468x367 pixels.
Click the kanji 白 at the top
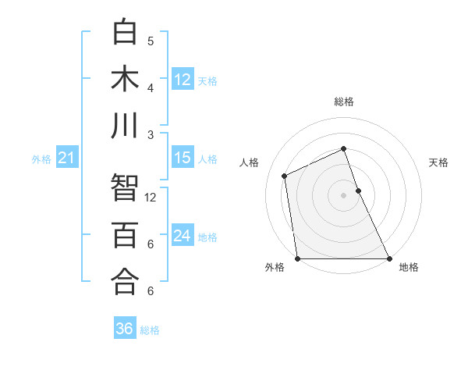tap(126, 32)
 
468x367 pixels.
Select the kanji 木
tap(126, 79)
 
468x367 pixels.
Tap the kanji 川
tap(126, 126)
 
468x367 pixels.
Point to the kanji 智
tap(126, 188)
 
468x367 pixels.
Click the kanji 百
tap(126, 235)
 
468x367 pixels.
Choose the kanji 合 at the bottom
tap(126, 282)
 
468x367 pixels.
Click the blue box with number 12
tap(183, 79)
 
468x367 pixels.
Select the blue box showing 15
tap(183, 158)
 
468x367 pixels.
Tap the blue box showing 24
tap(183, 236)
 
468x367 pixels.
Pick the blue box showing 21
tap(66, 159)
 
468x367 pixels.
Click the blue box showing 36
tap(124, 329)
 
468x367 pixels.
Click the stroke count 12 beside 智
tap(151, 198)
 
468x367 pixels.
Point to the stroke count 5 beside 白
tap(151, 41)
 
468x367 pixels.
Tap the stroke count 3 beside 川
tap(151, 135)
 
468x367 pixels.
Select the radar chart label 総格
tap(344, 102)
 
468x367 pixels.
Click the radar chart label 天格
tap(439, 162)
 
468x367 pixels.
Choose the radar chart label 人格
tap(249, 162)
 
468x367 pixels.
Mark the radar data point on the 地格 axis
tap(388, 258)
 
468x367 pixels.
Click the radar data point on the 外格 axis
tap(298, 258)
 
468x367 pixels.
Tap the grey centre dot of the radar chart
tap(343, 195)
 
